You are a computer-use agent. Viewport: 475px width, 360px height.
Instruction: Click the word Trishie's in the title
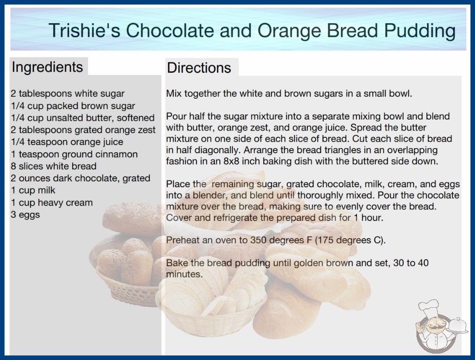[x=84, y=30]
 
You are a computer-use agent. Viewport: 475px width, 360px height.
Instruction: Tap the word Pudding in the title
[x=420, y=31]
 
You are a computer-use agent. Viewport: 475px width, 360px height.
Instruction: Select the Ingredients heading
[x=47, y=67]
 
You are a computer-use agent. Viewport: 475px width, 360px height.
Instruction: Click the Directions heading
[x=199, y=68]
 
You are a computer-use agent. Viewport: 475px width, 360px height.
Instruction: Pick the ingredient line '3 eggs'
[x=25, y=215]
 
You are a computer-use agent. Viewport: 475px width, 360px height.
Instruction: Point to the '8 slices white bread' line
[x=54, y=166]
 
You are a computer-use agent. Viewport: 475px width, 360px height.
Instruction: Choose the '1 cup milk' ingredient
[x=33, y=190]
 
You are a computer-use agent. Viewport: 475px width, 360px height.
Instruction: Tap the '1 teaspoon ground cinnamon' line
[x=74, y=154]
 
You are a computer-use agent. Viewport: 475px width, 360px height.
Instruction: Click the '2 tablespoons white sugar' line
[x=68, y=94]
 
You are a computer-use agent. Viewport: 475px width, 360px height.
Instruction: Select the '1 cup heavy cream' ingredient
[x=51, y=203]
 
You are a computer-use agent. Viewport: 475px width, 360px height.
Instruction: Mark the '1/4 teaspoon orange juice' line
[x=67, y=142]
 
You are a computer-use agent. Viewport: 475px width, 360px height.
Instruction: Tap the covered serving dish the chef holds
[x=457, y=326]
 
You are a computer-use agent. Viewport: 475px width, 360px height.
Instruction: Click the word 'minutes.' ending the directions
[x=184, y=274]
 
